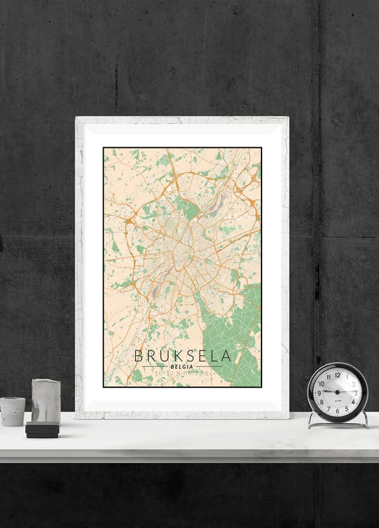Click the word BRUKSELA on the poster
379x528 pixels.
tap(182, 356)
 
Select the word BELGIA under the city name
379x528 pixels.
tap(182, 366)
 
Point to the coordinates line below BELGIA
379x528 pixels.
tap(182, 375)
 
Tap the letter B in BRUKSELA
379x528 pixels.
tap(139, 356)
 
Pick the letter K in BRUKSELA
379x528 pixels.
tap(170, 356)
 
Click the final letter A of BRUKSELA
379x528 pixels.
tap(226, 356)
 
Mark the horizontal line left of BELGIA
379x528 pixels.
tap(155, 366)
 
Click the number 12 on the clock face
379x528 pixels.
tap(337, 375)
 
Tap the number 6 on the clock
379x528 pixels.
tap(337, 411)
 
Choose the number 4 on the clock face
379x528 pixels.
tap(352, 402)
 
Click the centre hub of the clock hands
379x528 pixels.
tap(337, 392)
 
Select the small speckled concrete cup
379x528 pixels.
tap(12, 411)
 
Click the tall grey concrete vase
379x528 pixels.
tap(45, 401)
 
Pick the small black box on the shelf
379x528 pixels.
tap(42, 430)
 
